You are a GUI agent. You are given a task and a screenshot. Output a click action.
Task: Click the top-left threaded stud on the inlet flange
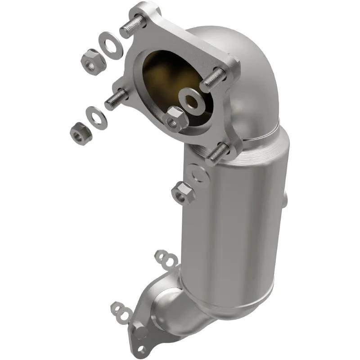pos(131,27)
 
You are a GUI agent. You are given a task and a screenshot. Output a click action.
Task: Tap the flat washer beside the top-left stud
pos(110,45)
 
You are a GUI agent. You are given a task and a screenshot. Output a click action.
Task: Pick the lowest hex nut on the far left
pos(81,132)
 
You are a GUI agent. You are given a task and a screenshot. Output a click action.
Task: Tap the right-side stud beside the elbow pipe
pos(215,80)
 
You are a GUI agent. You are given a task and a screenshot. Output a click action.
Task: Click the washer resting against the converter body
pos(198,173)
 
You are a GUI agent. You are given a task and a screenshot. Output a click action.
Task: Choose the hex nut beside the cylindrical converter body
pos(183,193)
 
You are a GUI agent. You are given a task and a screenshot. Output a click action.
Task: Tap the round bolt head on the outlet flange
pos(141,333)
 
